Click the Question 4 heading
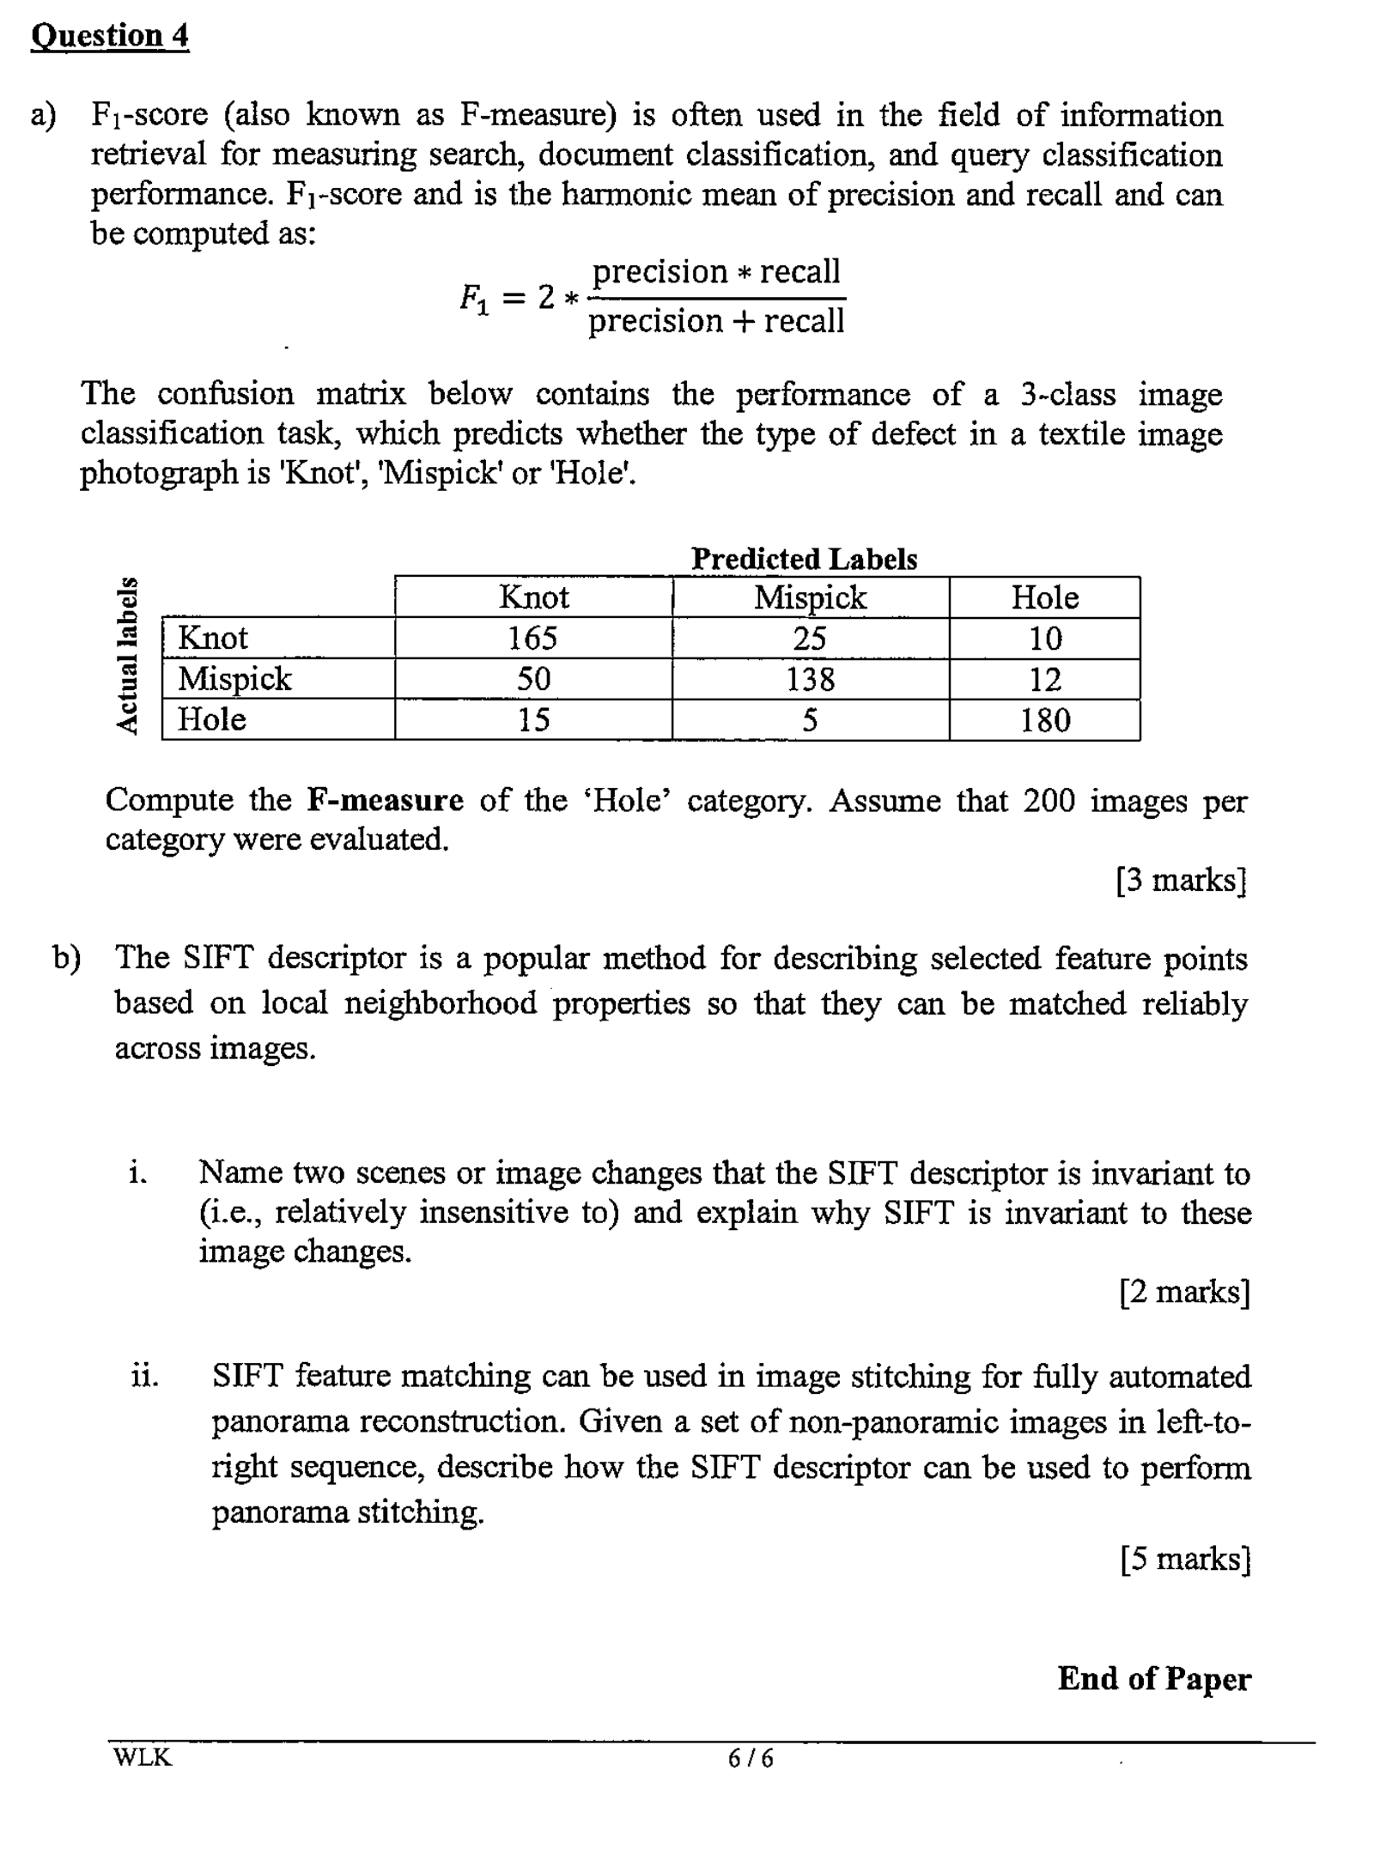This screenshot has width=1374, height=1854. pos(109,36)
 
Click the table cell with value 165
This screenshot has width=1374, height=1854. pos(532,638)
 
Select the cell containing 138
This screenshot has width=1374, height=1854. pos(810,679)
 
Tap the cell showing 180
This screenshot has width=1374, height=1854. pos(1044,719)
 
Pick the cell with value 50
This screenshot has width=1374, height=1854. pos(532,679)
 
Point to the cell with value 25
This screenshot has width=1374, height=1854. pos(810,638)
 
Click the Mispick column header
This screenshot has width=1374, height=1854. pos(810,597)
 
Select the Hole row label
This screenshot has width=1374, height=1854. pos(212,719)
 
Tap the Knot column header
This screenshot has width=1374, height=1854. pos(533,597)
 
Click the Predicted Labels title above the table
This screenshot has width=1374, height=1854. pos(804,559)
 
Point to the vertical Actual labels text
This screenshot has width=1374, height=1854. pos(127,655)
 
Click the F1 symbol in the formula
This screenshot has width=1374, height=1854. pos(474,298)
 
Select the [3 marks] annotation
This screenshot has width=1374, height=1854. pos(1181,880)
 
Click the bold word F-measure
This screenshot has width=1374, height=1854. pos(385,800)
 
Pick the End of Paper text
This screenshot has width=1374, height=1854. pos(1154,1678)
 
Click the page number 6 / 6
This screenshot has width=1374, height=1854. pos(750,1759)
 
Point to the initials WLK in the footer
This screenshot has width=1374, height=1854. pos(143,1757)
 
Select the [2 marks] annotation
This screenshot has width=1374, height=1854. pos(1184,1291)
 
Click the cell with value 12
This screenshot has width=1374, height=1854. pos(1044,679)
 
